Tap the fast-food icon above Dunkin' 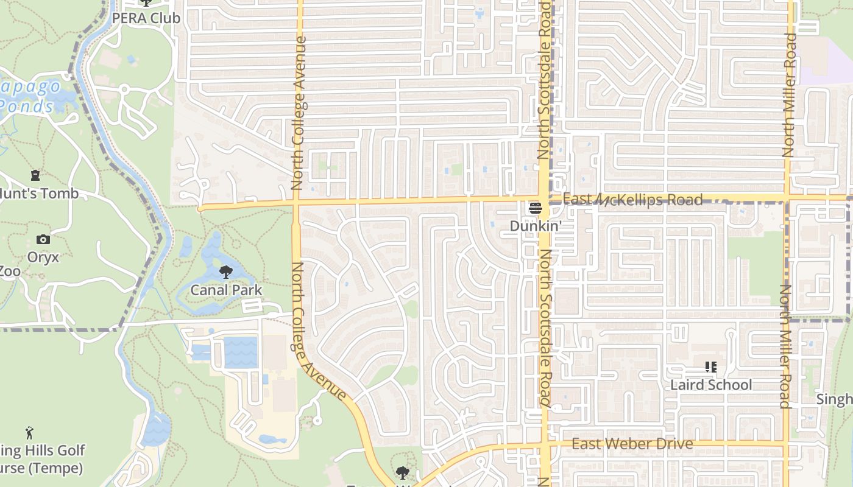tap(535, 208)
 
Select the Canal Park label tap(226, 290)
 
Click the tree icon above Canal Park tap(226, 272)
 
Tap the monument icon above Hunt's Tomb tap(35, 176)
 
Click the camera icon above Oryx tap(43, 239)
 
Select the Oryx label tap(43, 257)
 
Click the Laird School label tap(711, 385)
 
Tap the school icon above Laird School tap(710, 367)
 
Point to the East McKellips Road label tap(632, 200)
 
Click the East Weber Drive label tap(632, 444)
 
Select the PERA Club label tap(146, 18)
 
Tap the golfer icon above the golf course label tap(29, 433)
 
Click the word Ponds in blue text tap(27, 107)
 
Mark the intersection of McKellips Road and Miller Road tap(787, 198)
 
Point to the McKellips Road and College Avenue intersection tap(297, 202)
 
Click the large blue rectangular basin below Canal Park tap(241, 352)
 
